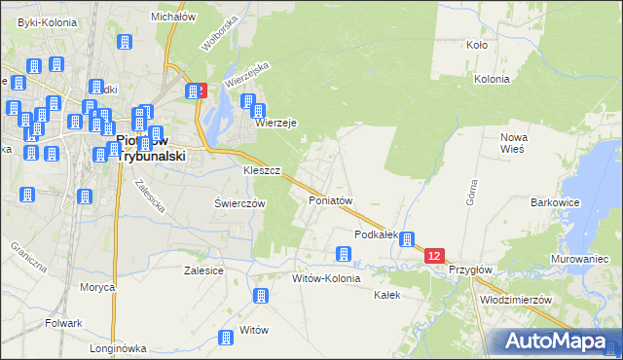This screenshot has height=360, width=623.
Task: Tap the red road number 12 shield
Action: point(434,256)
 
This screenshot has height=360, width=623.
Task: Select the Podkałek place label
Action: point(377,234)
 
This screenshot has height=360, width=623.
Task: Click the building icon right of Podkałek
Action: point(408,239)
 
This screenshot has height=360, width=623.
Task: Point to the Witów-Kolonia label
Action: point(326,278)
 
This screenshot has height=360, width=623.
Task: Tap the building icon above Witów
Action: point(260,296)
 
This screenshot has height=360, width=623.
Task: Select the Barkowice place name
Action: point(555,202)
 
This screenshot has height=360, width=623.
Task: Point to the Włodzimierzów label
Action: point(517,300)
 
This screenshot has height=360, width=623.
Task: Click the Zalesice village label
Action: point(204,271)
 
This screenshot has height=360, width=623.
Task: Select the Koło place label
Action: point(477,45)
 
